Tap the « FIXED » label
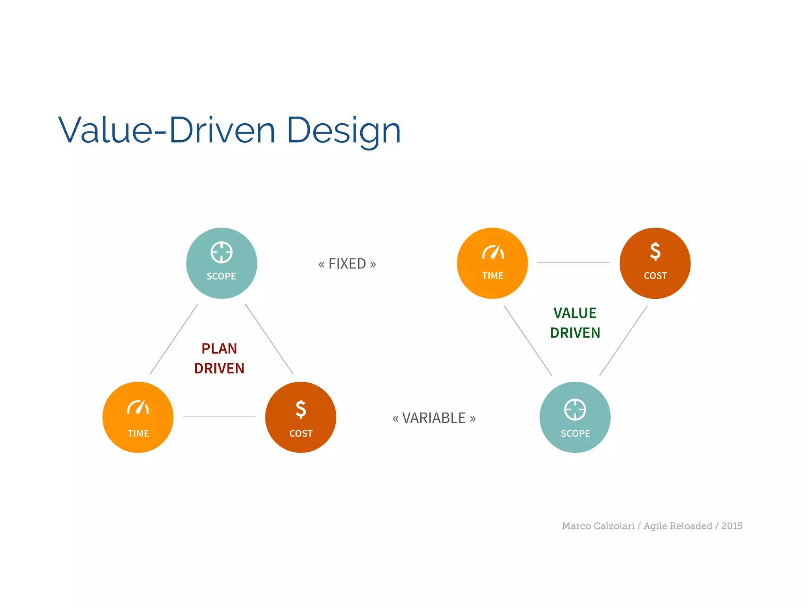pos(347,264)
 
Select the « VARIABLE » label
pos(434,418)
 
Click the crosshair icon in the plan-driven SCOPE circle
pos(221,252)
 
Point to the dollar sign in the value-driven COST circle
pos(655,251)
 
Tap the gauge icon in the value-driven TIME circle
pos(493,252)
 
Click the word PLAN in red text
pos(219,349)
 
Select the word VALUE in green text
pos(575,313)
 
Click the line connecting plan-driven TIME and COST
pos(219,417)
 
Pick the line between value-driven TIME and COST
pos(573,263)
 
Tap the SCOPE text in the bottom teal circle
pos(575,434)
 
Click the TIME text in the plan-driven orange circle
pos(138,434)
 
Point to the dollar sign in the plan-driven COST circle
pos(301,409)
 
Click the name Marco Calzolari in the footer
pos(598,526)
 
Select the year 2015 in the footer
pos(732,526)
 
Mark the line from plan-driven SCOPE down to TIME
pos(174,339)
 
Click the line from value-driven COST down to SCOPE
pos(623,341)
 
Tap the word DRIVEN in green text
pos(575,333)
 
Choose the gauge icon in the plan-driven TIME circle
pos(138,407)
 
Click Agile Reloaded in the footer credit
pos(677,526)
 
